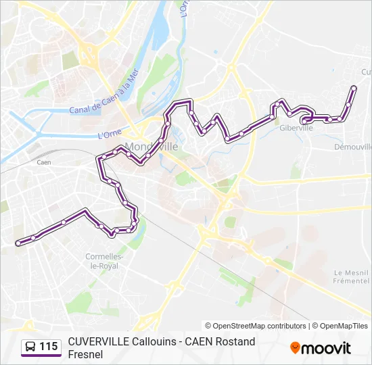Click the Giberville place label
coord(296,127)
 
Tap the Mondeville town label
coord(152,146)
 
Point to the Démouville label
coord(353,146)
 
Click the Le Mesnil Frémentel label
coord(352,276)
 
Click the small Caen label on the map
coord(44,162)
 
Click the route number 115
coord(48,347)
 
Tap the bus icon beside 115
coord(31,347)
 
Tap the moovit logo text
coord(326,348)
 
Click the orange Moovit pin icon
coord(295,348)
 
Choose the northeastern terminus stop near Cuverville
coord(354,88)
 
